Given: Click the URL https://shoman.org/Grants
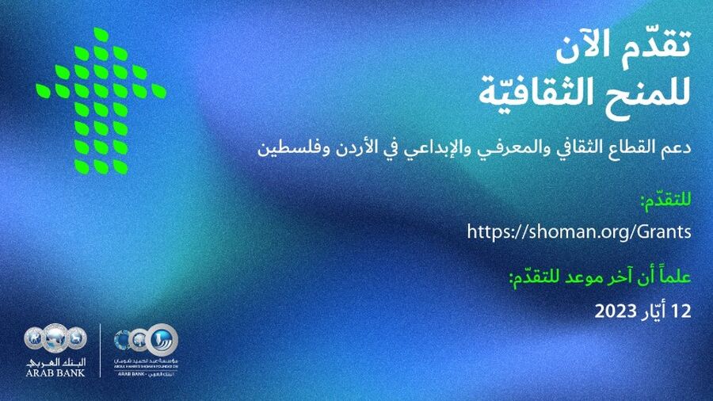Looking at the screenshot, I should pyautogui.click(x=580, y=232).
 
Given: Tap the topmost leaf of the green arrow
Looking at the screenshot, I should pyautogui.click(x=101, y=34).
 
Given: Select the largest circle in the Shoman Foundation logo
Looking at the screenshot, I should pyautogui.click(x=162, y=339).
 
